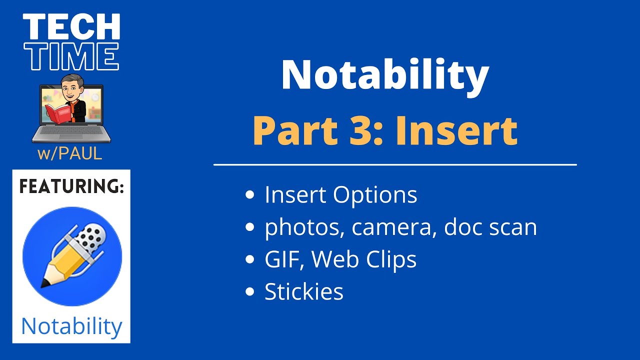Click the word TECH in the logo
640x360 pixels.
click(71, 27)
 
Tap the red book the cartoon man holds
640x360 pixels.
click(58, 113)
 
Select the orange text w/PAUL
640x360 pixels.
click(70, 154)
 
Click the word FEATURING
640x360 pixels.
click(71, 187)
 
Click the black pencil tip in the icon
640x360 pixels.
click(45, 283)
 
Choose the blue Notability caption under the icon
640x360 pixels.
click(71, 326)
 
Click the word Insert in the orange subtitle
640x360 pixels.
click(456, 130)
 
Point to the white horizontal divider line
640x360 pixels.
click(395, 164)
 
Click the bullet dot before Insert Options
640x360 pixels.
click(250, 196)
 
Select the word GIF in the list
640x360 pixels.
click(282, 259)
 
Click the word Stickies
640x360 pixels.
click(304, 292)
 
